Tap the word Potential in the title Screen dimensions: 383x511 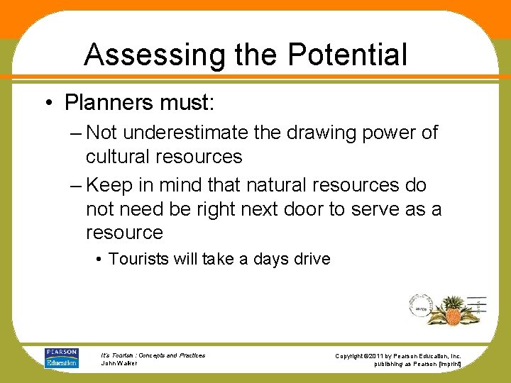(x=348, y=55)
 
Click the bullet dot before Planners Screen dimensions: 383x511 (x=49, y=104)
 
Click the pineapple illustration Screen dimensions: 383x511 (x=451, y=310)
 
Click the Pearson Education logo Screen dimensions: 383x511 (x=62, y=357)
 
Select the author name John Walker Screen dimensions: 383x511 (x=120, y=363)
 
